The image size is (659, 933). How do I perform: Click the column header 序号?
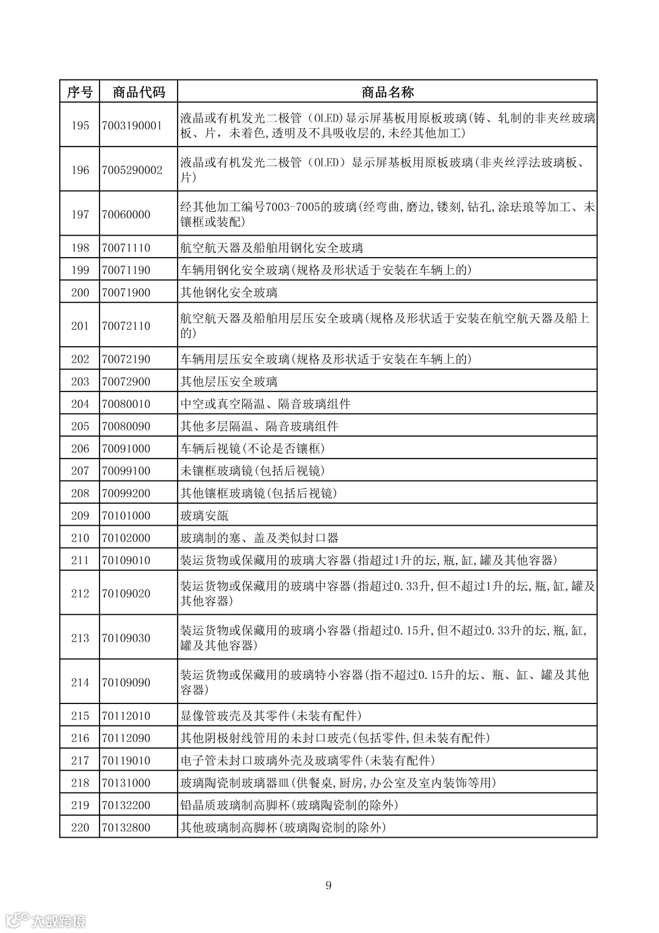[79, 92]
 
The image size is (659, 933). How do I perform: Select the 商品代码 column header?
[139, 92]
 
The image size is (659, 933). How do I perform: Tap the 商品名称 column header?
[387, 92]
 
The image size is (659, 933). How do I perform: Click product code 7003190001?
[132, 126]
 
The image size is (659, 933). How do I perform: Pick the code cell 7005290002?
[132, 170]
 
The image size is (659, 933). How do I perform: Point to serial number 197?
[80, 214]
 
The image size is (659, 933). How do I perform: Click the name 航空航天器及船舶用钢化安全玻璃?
[272, 248]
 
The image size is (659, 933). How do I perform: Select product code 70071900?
[126, 292]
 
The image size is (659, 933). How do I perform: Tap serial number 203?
[80, 382]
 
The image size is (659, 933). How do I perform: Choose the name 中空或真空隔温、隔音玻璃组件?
[265, 404]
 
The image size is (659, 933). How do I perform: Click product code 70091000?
[126, 449]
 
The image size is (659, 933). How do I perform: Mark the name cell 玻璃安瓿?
[204, 516]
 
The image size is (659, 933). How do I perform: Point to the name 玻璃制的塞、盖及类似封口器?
[259, 538]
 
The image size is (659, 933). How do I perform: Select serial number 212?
[80, 594]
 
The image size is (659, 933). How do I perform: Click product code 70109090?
[126, 683]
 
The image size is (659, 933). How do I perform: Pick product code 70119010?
[126, 761]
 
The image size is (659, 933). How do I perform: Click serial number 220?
[80, 828]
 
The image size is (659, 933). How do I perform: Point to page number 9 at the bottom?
[328, 885]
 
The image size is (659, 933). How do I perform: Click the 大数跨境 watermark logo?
[46, 920]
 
